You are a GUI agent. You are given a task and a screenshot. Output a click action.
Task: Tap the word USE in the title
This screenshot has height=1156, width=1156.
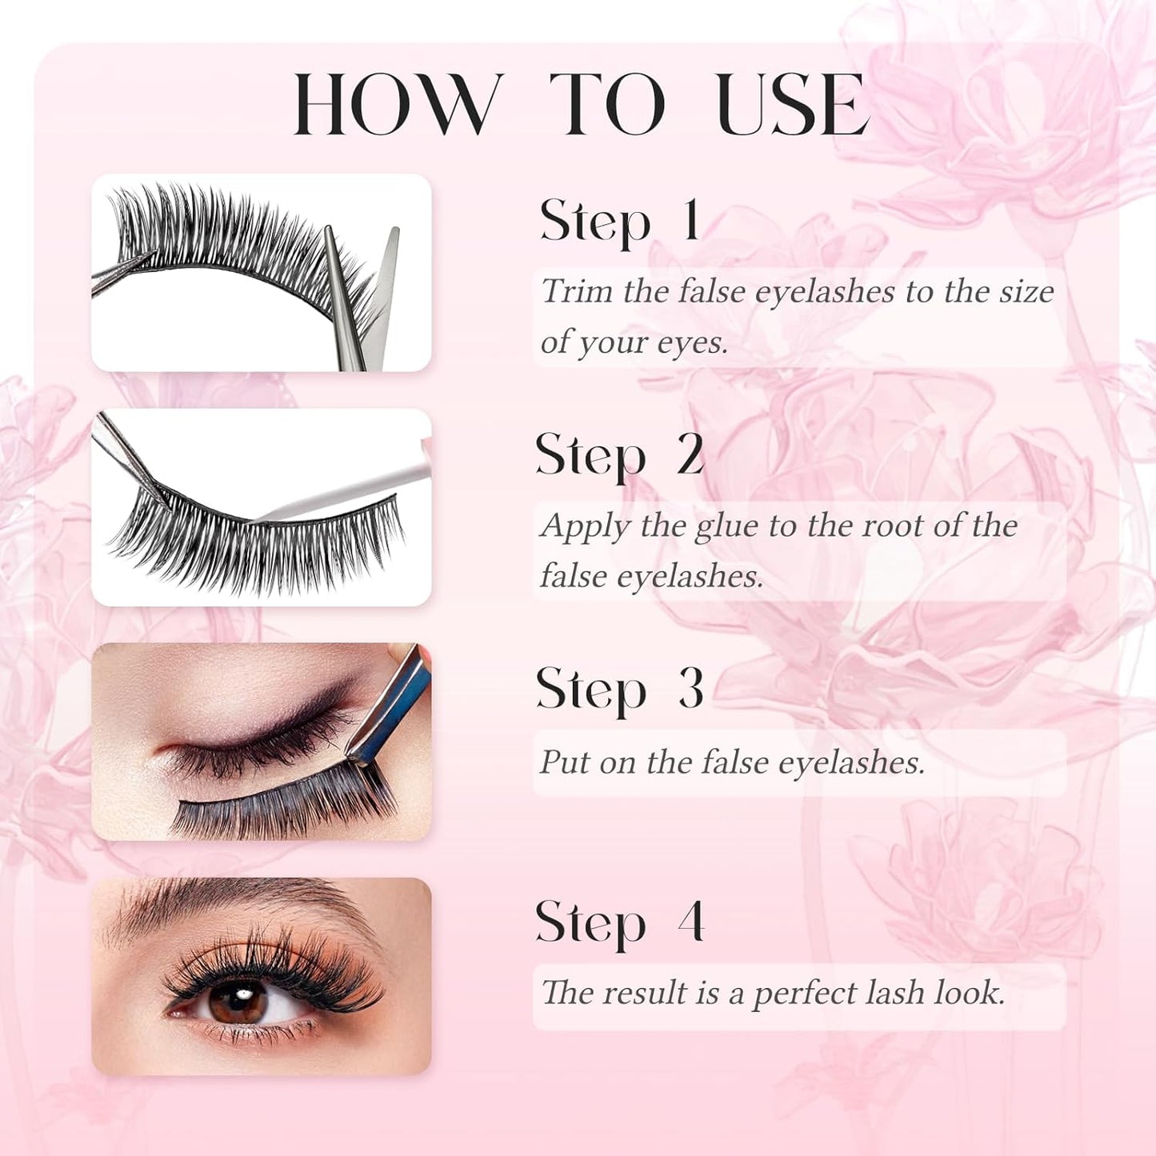coord(791,105)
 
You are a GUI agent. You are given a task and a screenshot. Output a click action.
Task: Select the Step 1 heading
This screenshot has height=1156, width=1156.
coord(620,221)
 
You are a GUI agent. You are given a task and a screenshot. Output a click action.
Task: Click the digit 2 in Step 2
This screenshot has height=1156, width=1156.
coord(690,454)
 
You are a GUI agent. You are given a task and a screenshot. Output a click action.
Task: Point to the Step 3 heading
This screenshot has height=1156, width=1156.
coord(620,689)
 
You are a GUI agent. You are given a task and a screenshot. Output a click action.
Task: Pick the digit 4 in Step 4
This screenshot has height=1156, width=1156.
coord(690,922)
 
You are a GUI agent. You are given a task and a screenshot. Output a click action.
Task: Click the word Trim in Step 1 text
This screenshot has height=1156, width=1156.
coord(577,291)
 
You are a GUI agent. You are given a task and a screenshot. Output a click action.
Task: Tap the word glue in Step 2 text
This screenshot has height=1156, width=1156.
coord(726,526)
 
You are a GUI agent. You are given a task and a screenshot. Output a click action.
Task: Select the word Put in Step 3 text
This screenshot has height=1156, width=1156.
coord(565,762)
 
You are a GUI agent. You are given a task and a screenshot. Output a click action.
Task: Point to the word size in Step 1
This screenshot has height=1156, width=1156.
coord(1026,291)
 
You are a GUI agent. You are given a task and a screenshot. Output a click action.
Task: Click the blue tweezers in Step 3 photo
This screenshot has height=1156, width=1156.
coord(392,704)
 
